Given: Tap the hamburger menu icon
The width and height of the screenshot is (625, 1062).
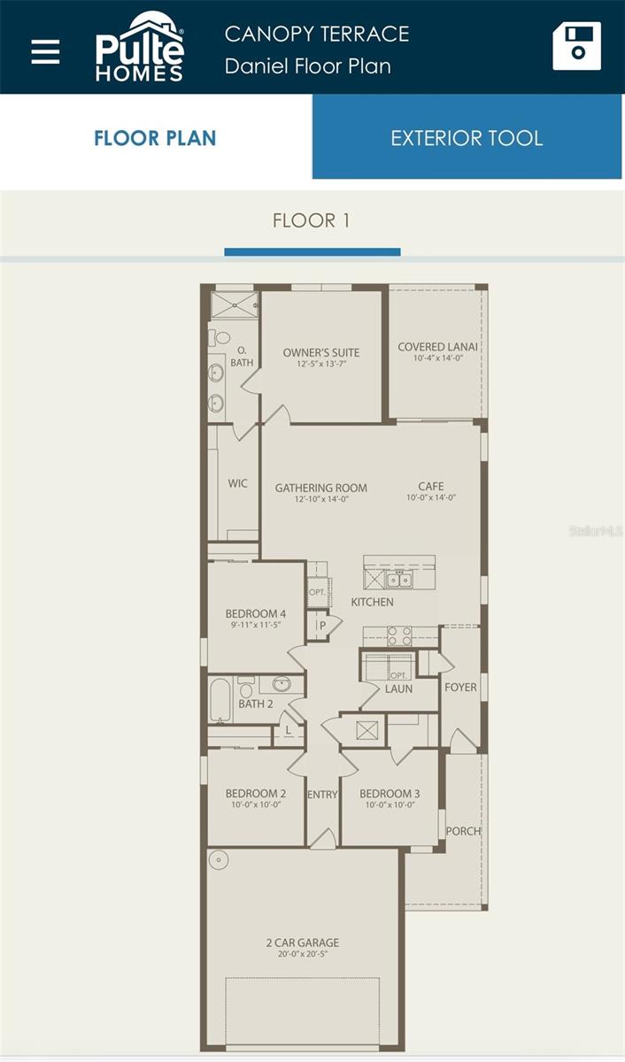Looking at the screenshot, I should (45, 50).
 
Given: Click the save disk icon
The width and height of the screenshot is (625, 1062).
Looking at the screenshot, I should (576, 46).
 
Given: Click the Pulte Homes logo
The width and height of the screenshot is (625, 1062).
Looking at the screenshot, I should (140, 49).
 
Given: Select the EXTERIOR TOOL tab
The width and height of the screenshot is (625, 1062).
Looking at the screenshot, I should (467, 138).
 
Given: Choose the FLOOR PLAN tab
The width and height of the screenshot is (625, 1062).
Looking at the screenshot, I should (155, 138).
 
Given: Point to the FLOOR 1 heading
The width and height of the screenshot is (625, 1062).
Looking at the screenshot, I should (311, 220).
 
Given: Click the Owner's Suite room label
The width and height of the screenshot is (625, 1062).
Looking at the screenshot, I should (321, 352).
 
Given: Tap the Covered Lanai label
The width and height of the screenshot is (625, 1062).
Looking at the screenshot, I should (438, 347).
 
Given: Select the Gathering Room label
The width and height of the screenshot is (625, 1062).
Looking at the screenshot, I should (320, 488).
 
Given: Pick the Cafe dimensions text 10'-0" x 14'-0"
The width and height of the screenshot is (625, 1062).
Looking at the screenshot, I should (431, 498).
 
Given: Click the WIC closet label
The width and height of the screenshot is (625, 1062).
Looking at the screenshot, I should (237, 483).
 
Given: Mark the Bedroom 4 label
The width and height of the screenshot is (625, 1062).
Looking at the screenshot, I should (255, 613).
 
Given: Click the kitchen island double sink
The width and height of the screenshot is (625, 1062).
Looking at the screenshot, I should (399, 581).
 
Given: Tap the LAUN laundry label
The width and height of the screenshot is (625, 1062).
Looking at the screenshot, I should (398, 689).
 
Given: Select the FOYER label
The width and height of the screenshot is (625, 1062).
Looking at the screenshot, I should (460, 687).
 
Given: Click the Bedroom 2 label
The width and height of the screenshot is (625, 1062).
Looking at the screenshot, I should (255, 793).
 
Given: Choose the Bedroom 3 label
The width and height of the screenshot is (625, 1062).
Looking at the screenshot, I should (390, 793).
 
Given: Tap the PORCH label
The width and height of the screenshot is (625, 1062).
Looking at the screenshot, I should (463, 831).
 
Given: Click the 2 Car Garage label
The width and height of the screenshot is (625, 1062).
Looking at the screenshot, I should (302, 943).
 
